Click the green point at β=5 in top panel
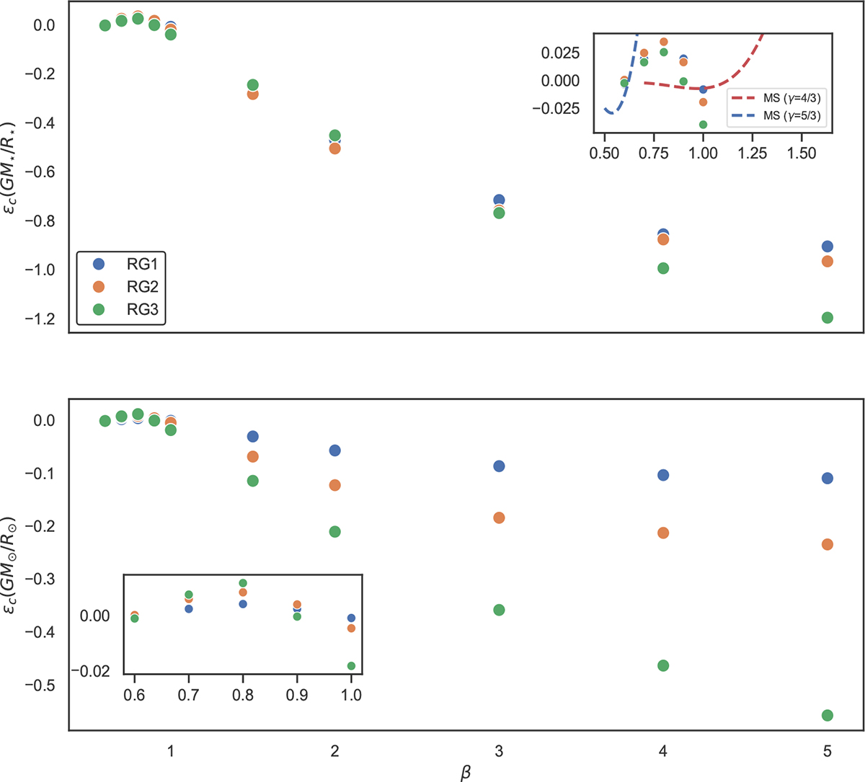click(827, 318)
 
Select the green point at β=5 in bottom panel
click(827, 715)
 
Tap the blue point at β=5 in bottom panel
click(827, 479)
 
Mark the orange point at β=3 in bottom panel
click(499, 517)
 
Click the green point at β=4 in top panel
click(663, 268)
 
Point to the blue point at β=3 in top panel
click(499, 200)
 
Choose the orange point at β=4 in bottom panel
click(663, 533)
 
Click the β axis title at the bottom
click(466, 773)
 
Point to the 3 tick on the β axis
click(499, 751)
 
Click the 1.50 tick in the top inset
click(802, 154)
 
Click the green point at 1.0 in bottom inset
click(351, 666)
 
